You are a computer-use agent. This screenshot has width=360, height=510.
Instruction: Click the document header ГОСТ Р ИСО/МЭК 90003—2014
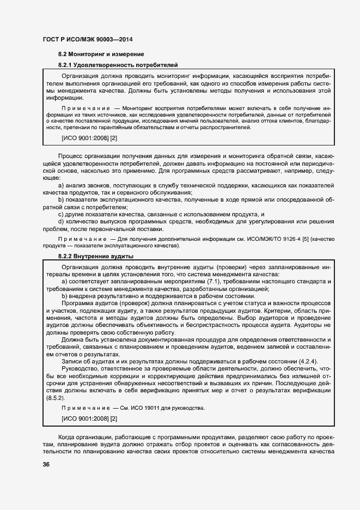[87, 40]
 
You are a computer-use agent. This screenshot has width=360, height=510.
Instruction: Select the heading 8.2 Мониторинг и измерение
[101, 54]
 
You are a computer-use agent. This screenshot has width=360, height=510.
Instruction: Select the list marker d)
[62, 222]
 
